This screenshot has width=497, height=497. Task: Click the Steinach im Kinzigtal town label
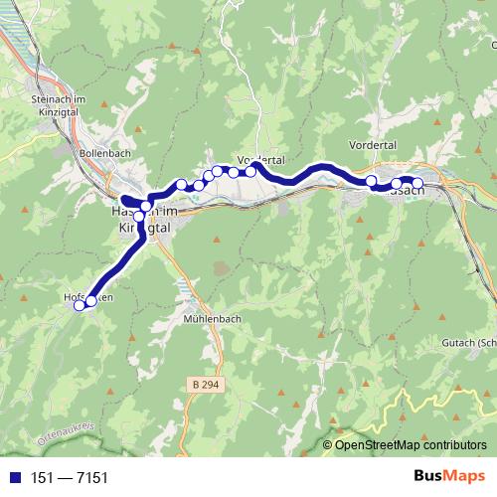(61, 106)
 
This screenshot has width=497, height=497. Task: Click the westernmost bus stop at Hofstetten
(80, 305)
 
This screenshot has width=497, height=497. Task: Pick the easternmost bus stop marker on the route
(417, 183)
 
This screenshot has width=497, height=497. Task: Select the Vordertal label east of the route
(374, 145)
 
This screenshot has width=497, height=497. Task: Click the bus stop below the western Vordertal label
(251, 172)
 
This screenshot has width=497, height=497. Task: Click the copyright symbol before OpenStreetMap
(328, 445)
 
